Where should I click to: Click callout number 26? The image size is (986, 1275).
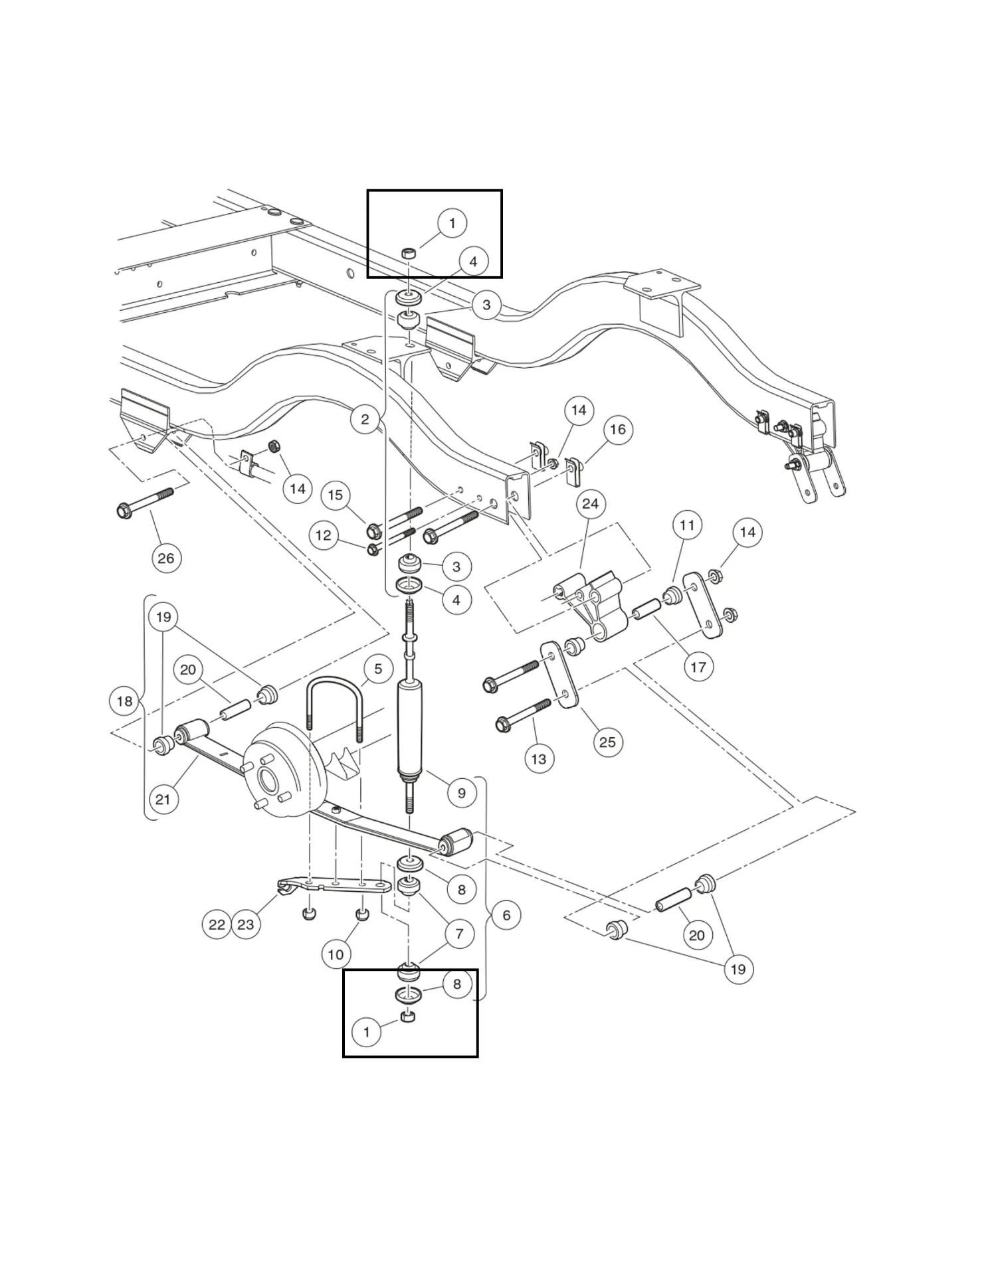coord(166,558)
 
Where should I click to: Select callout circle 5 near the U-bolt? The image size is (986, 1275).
coord(378,669)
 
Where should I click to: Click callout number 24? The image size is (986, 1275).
coord(590,504)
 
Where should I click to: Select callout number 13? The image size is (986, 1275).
coord(539,758)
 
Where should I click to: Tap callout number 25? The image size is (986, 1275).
coord(608,742)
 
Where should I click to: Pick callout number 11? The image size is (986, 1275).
coord(687,526)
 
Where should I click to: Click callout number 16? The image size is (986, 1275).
coord(618,430)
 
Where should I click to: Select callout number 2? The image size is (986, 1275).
coord(365,420)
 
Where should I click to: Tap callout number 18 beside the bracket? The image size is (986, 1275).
coord(124,701)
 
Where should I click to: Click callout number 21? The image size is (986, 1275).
coord(163,800)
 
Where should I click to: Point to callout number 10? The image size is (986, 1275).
coord(336,955)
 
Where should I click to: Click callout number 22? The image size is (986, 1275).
coord(217,924)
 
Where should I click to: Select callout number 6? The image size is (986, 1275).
coord(506,915)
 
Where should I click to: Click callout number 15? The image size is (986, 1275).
coord(336,495)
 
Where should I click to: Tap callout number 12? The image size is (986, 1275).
coord(324,535)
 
